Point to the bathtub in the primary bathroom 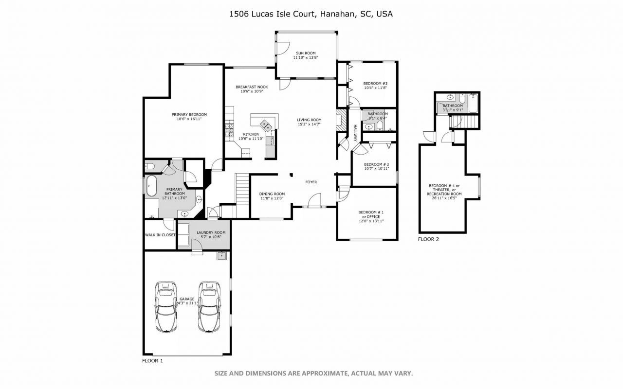click(152, 187)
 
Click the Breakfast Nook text click(252, 87)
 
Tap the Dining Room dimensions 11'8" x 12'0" click(272, 198)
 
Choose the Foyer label click(311, 182)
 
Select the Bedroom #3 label click(375, 83)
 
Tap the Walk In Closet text click(160, 235)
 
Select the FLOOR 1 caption click(152, 361)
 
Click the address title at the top click(311, 14)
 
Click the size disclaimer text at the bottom click(314, 373)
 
